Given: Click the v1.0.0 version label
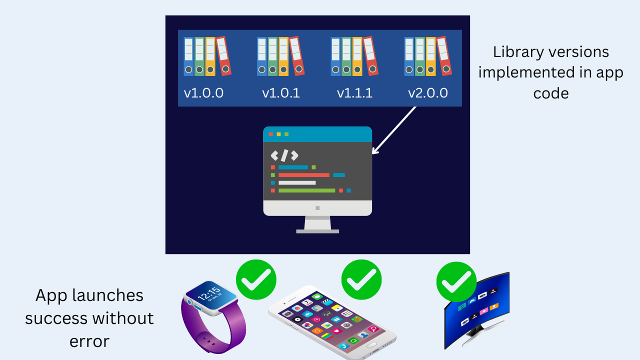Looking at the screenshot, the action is pos(203,93).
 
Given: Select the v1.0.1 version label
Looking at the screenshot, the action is pos(281,93).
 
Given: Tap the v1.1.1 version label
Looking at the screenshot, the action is pos(354,93).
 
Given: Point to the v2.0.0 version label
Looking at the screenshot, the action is pos(428,93).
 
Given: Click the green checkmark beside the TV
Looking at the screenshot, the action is pos(456,281).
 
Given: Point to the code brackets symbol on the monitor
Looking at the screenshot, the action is pos(284,155).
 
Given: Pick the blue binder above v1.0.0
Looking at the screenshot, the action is pos(188,56).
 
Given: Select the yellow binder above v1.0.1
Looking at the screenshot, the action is pos(283,56).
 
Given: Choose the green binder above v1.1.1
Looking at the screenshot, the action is pos(346,56).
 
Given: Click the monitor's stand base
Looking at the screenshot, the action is pos(317,231).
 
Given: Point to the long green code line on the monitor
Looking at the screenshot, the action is pos(306,190).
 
